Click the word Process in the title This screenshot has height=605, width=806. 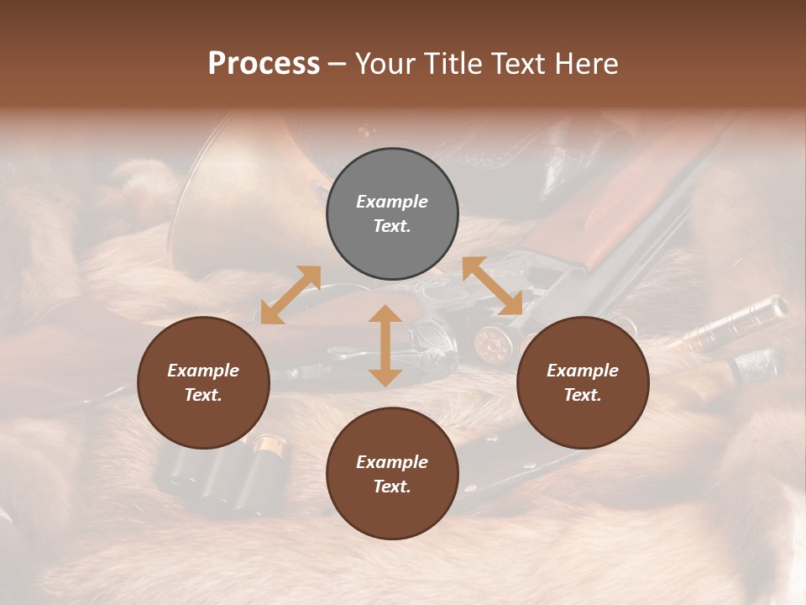point(264,64)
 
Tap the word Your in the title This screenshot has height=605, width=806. point(385,64)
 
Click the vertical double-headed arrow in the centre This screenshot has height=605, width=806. point(385,345)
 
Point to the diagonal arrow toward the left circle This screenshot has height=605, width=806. point(290,295)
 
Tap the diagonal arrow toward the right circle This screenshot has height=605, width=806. point(493,286)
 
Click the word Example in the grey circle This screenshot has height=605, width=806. point(392,202)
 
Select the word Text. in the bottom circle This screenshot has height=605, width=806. point(392,487)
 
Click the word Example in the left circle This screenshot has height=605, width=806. point(203,371)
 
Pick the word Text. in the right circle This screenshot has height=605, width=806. point(583,395)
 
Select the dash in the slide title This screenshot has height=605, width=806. point(338,64)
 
